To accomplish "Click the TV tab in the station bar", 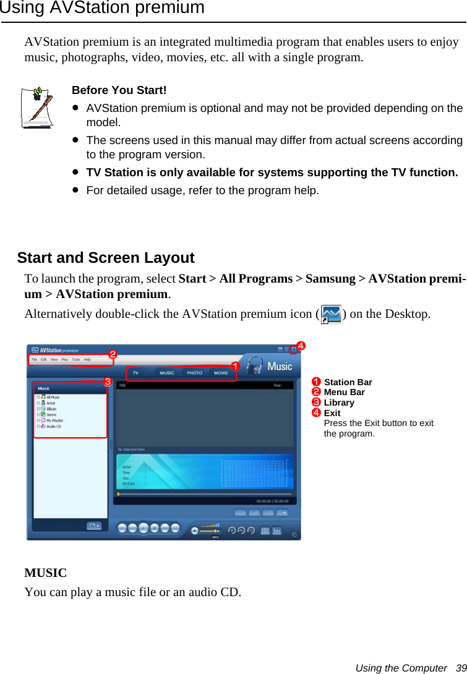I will pos(136,373).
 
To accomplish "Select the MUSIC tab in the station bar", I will pos(167,373).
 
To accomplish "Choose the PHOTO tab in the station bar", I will pos(194,373).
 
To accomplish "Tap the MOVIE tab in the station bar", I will pos(221,373).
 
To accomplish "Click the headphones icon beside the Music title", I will pos(254,366).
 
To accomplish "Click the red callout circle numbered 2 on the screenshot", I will pos(113,354).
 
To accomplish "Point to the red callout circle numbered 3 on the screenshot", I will pos(107,382).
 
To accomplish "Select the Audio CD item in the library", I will pos(54,426).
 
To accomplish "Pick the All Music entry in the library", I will pos(53,397).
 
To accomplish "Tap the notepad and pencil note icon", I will pos(38,107).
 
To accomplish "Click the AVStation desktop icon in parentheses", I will pos(332,314).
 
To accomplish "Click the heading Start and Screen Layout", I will pos(106,258).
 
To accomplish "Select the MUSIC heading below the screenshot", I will pos(45,573).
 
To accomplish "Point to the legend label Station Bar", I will pos(348,382).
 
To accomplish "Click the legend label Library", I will pos(339,403).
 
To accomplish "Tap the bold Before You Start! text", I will pos(119,90).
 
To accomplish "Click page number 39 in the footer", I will pos(461,668).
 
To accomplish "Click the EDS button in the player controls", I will pos(265,530).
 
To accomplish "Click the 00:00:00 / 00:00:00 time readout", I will pos(273,501).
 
